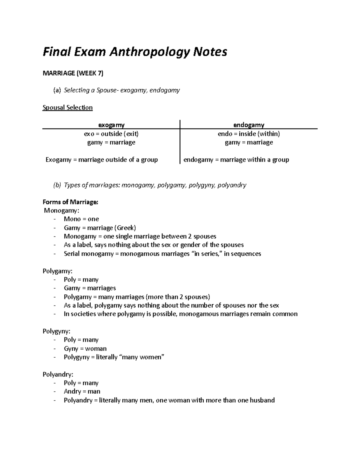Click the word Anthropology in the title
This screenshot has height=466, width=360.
[149, 52]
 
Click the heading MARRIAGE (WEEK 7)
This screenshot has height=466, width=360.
[73, 74]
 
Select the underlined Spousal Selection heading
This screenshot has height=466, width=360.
[67, 108]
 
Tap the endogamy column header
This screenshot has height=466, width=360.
[249, 125]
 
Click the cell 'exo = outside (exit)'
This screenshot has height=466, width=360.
[111, 134]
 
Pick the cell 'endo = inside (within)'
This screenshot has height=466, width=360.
[249, 134]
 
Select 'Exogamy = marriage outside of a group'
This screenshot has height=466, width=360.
[102, 160]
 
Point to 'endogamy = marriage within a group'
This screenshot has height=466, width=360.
[236, 160]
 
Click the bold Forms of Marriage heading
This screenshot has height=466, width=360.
[70, 202]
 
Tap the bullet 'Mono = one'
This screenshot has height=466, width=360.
[81, 219]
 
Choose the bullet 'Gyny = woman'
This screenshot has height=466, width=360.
[85, 349]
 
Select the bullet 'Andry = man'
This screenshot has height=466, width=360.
[82, 392]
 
